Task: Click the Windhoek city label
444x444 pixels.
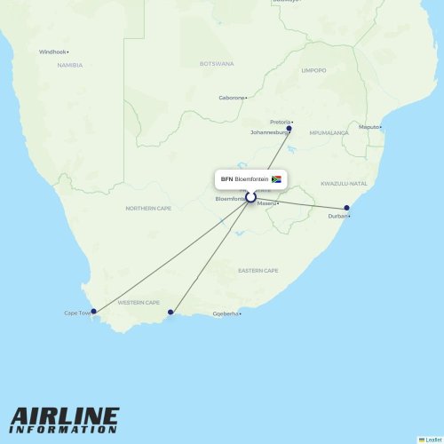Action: click(x=52, y=52)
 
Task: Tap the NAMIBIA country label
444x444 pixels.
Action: click(x=70, y=65)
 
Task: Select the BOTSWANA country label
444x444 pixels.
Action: click(x=217, y=64)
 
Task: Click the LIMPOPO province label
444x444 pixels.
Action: click(x=313, y=70)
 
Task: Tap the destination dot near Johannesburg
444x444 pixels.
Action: click(x=289, y=129)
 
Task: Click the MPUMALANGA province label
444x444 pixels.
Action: click(x=329, y=133)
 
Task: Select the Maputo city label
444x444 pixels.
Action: click(x=369, y=127)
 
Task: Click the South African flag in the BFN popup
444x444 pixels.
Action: click(x=276, y=178)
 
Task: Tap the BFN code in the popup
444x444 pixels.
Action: click(x=226, y=178)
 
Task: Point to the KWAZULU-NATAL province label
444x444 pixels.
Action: click(x=344, y=184)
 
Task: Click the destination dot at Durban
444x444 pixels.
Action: click(x=347, y=209)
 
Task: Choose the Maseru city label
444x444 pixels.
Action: click(x=268, y=203)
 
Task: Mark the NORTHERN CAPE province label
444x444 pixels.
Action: click(x=148, y=208)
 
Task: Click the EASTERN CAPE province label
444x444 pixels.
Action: click(x=258, y=270)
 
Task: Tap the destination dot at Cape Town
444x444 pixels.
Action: click(x=93, y=311)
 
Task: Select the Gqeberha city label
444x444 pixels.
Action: click(x=226, y=313)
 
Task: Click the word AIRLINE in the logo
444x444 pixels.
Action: click(x=64, y=416)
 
